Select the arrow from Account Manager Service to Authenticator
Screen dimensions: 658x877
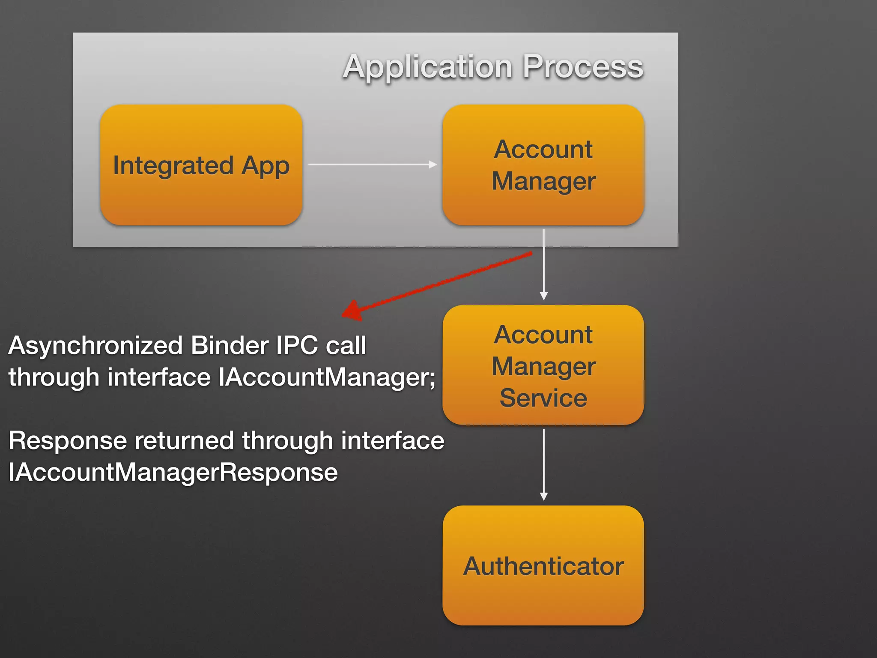coord(544,464)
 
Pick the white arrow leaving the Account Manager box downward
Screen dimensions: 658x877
coord(544,264)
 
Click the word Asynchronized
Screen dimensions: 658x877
coord(95,346)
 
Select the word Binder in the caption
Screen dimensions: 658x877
coord(230,345)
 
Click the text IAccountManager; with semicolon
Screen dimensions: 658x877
coord(326,377)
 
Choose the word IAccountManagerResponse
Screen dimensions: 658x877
coord(173,473)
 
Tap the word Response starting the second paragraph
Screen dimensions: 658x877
coord(68,441)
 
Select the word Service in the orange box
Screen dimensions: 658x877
coord(543,398)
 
